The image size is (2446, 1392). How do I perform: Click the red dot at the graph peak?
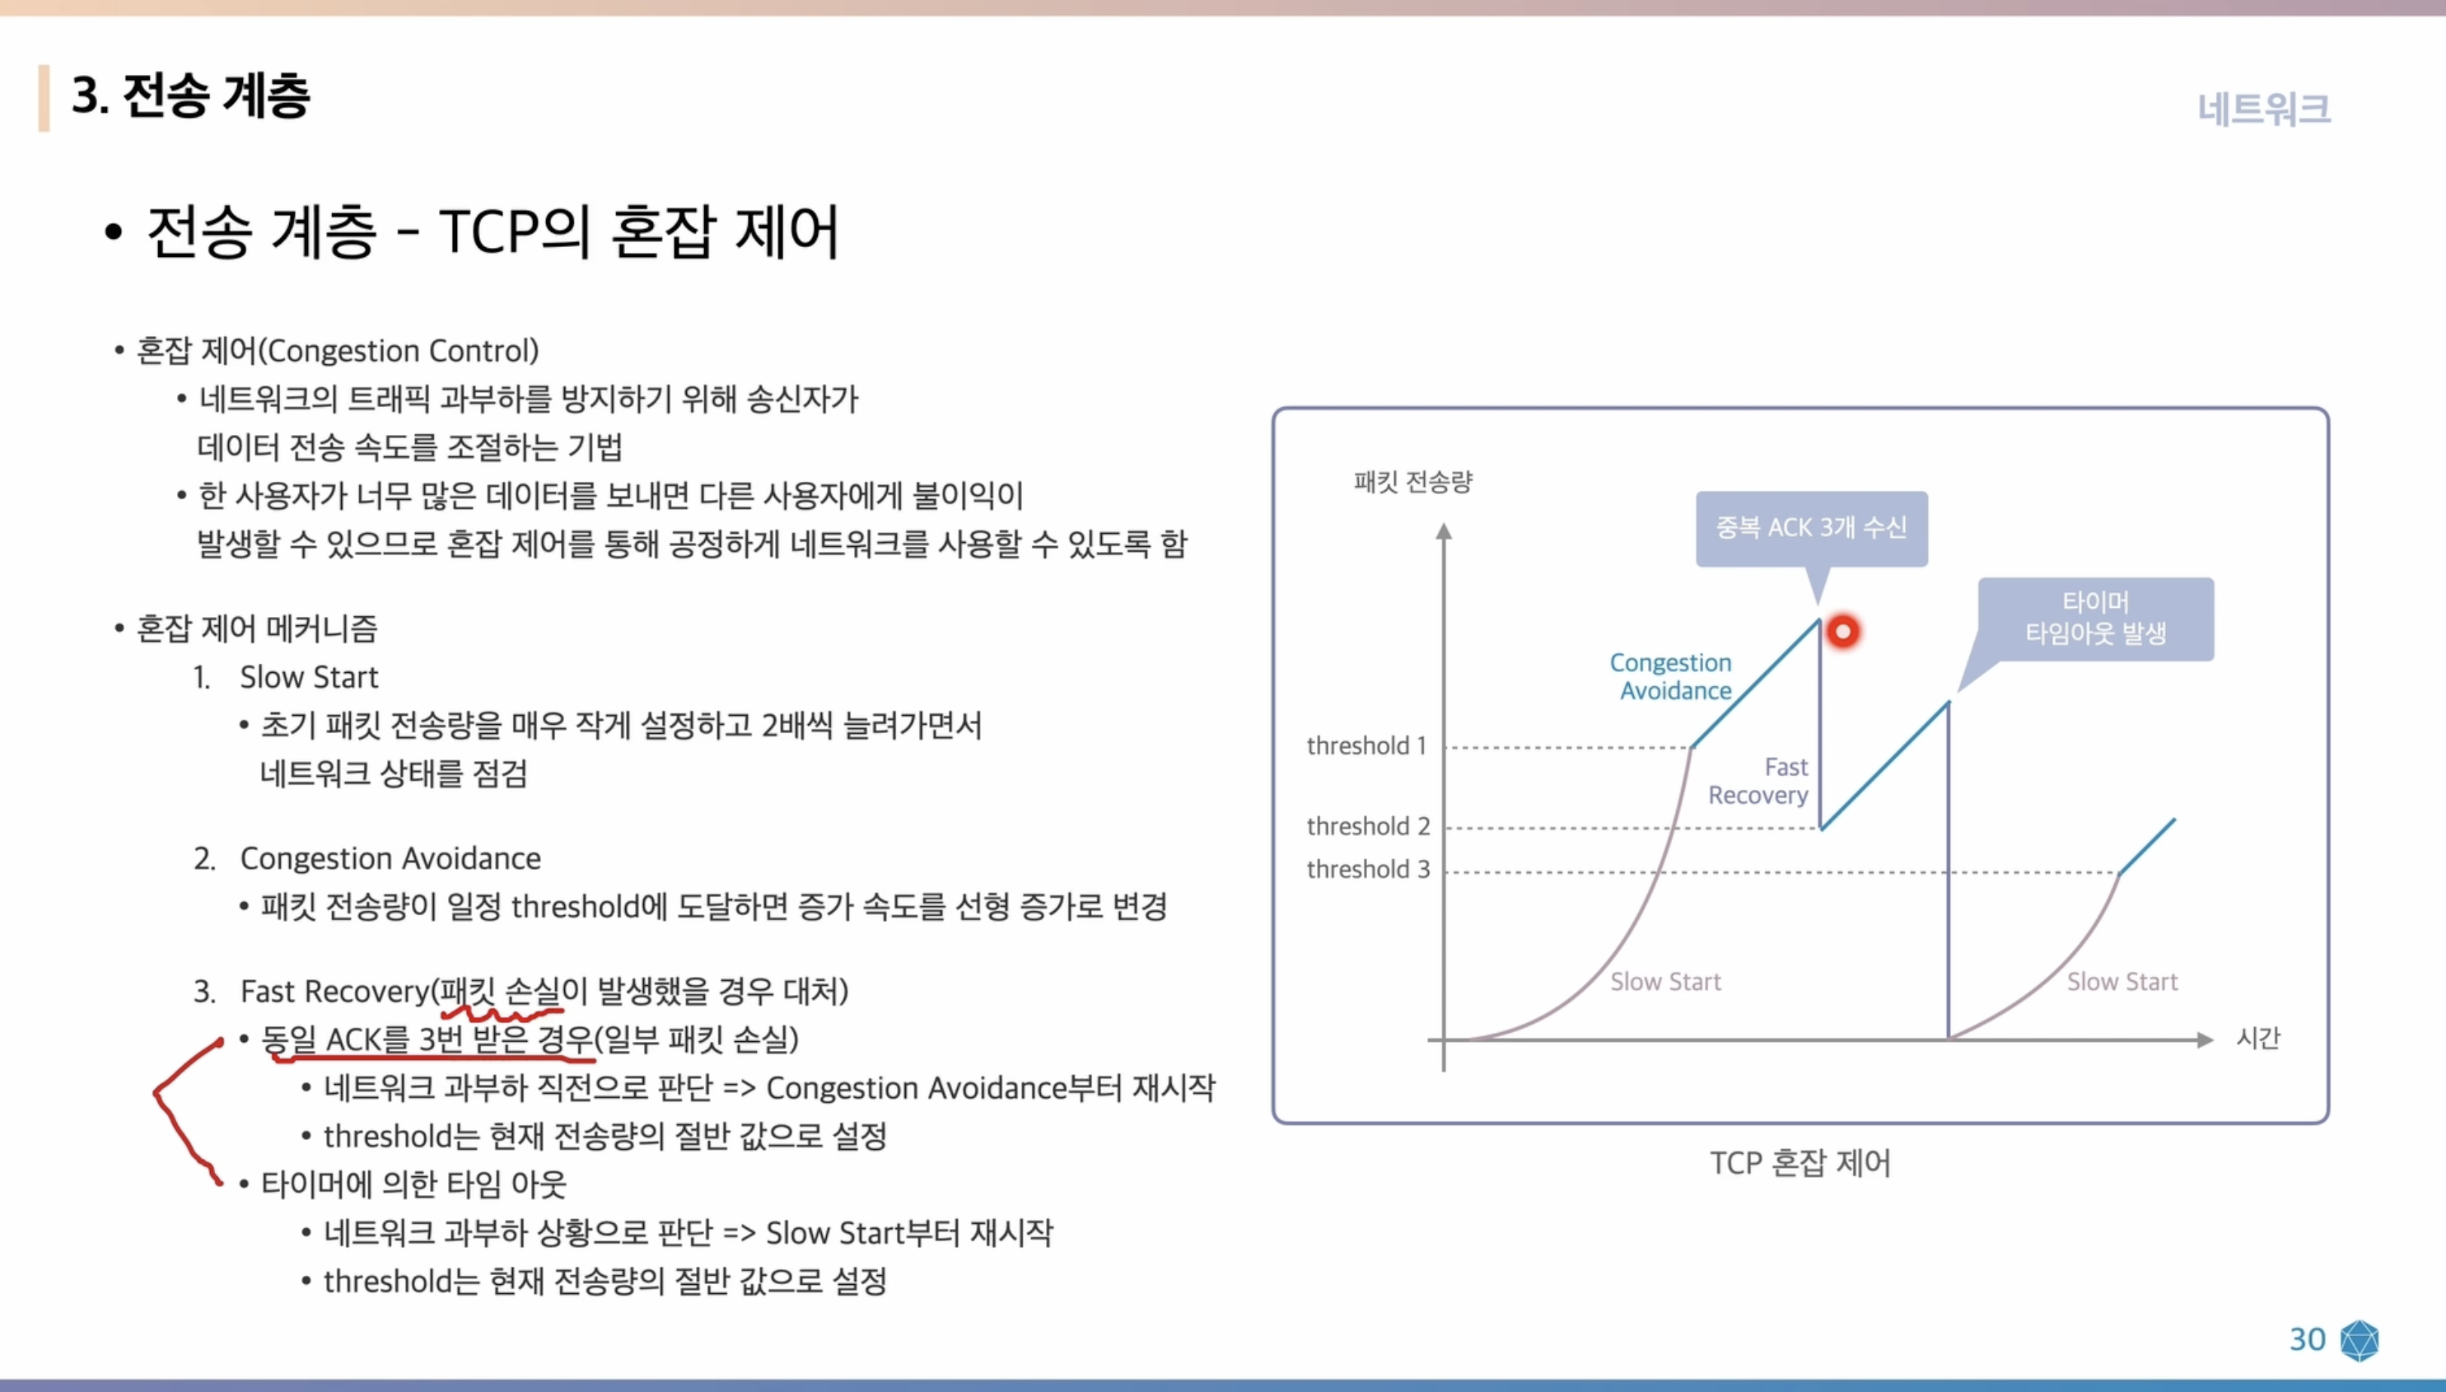pos(1842,631)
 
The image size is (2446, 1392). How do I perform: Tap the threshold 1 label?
pos(1366,745)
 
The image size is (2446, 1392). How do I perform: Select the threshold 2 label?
pos(1368,826)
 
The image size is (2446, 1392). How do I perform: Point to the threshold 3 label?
pos(1368,869)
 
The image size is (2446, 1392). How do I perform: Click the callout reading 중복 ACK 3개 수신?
pos(1810,528)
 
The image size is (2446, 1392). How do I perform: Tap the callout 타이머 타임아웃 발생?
pos(2095,618)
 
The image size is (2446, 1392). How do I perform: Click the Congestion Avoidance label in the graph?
pos(1672,676)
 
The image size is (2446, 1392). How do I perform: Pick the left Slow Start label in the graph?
pos(1665,982)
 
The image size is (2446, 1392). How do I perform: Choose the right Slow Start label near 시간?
pos(2122,982)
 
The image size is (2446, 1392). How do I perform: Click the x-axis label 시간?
pos(2257,1039)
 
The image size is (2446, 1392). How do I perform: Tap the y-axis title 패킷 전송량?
pos(1412,481)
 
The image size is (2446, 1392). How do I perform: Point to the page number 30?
pos(2307,1339)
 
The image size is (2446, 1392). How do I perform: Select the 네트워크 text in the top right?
pos(2263,109)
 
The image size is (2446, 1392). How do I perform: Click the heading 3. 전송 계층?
pos(191,96)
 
